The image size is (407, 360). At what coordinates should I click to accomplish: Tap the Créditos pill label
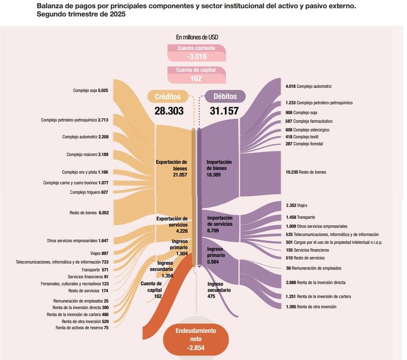(x=168, y=96)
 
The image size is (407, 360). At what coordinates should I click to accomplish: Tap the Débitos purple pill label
(x=225, y=96)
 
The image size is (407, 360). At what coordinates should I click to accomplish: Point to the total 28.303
(x=169, y=111)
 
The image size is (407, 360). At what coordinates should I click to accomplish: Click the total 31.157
(x=224, y=111)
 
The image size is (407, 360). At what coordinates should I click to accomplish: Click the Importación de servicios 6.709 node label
(x=220, y=224)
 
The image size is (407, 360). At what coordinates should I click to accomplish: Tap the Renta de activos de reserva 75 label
(x=82, y=328)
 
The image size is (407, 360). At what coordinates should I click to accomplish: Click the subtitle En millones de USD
(x=197, y=37)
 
